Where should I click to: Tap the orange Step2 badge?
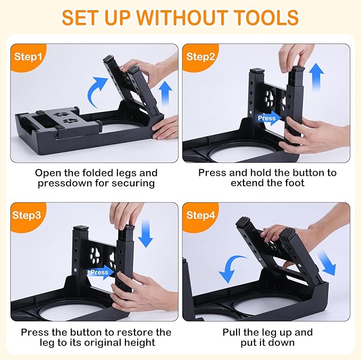(200, 56)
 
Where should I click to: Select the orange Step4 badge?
(200, 215)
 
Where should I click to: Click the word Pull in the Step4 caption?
(233, 332)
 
